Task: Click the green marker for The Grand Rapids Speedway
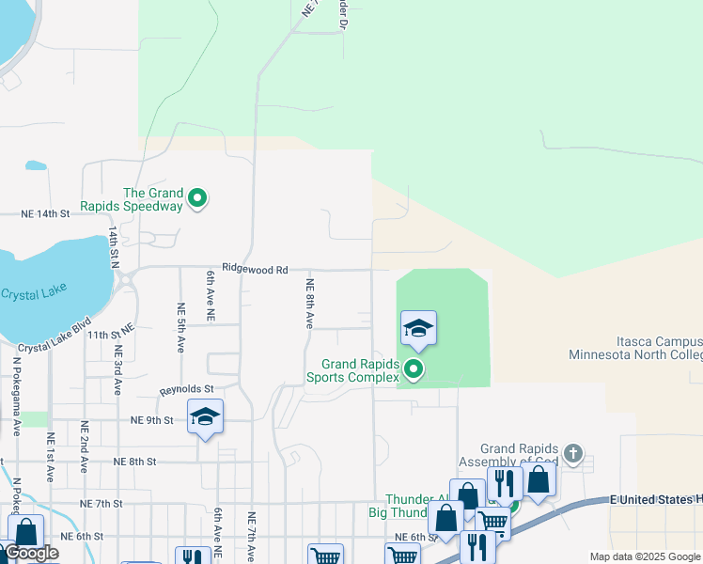[197, 198]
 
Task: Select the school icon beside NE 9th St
[205, 418]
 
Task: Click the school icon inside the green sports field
[418, 328]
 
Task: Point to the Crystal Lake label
[33, 293]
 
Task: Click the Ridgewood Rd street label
[255, 269]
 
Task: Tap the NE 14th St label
[46, 214]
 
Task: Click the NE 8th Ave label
[308, 303]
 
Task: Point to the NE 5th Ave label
[180, 326]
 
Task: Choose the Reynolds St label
[187, 388]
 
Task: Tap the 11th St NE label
[112, 334]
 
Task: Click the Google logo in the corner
[30, 553]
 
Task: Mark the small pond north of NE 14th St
[36, 165]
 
